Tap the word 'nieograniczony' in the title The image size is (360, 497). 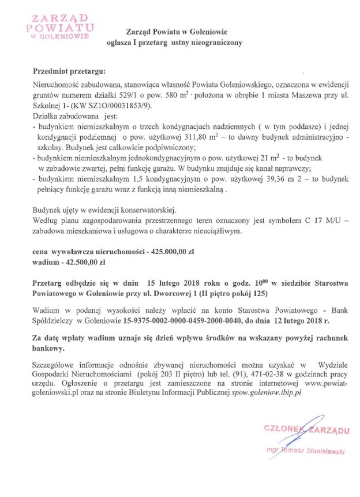(x=218, y=42)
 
